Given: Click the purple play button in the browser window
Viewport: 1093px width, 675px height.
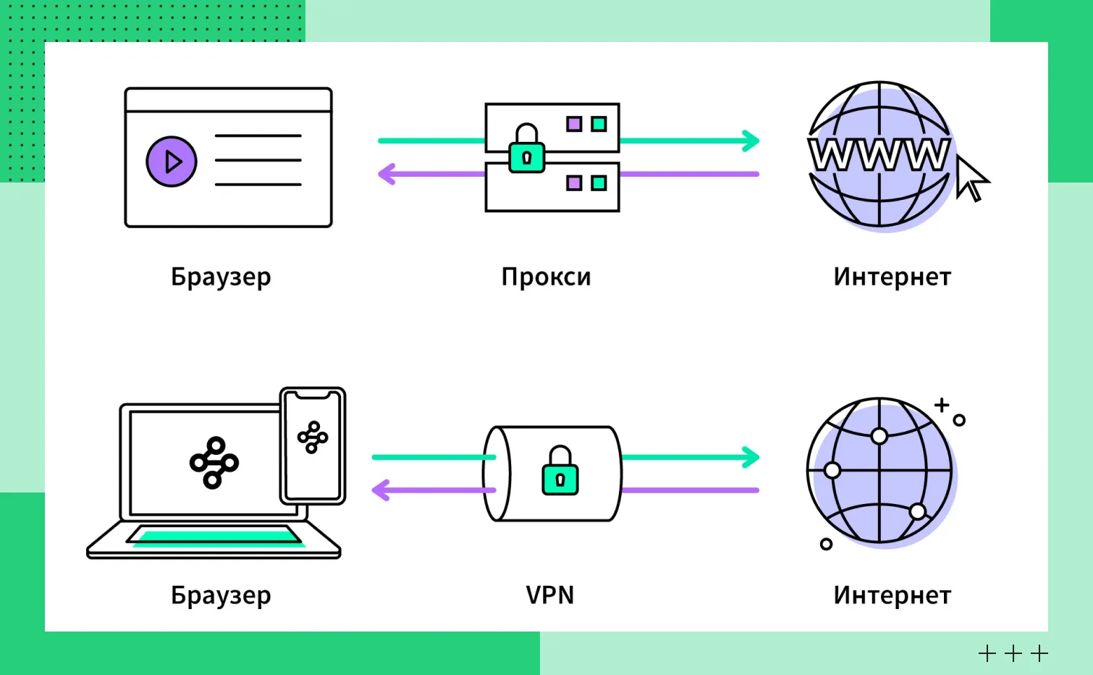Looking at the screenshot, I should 172,161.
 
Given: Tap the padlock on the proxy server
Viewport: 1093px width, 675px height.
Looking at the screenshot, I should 526,150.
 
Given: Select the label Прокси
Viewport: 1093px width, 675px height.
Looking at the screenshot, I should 546,277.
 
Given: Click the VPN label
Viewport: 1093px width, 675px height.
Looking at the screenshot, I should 549,595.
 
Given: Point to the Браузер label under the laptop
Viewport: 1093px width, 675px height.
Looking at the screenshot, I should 221,595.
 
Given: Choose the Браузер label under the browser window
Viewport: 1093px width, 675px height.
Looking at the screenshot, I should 221,277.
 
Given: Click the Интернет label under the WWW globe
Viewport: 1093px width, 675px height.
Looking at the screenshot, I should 892,277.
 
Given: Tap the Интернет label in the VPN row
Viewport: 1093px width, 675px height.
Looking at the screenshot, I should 892,595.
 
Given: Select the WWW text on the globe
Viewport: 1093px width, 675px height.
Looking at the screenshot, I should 879,154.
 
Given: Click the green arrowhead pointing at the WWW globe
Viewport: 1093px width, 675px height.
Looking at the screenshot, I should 751,141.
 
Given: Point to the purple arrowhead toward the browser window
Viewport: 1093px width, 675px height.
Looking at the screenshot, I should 387,174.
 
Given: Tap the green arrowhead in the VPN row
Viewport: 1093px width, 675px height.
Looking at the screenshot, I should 751,457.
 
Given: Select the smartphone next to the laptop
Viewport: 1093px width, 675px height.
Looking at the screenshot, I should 313,445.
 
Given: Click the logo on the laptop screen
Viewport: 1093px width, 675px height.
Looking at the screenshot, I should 214,462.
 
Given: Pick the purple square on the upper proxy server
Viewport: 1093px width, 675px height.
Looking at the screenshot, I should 574,124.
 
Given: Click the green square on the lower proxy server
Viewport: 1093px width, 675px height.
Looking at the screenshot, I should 599,183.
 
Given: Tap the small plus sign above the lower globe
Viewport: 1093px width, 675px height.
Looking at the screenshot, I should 941,405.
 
